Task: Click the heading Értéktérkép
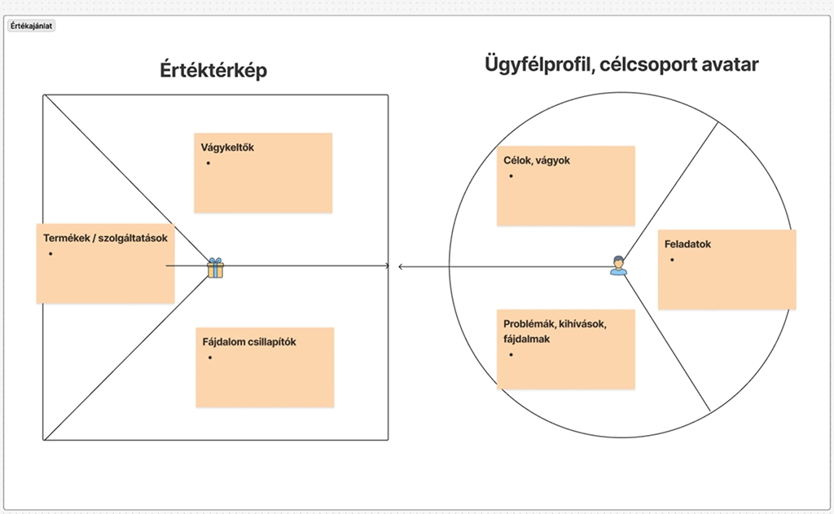click(213, 71)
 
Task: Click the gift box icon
click(215, 267)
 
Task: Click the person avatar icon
click(619, 265)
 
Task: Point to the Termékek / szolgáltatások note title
click(105, 238)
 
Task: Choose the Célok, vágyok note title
click(537, 160)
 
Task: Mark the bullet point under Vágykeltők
click(209, 163)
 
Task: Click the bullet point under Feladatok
click(673, 259)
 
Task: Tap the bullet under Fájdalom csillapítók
click(210, 358)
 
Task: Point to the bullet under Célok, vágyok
click(511, 176)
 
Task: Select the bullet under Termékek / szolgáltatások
click(50, 253)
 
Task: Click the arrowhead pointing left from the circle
click(401, 266)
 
